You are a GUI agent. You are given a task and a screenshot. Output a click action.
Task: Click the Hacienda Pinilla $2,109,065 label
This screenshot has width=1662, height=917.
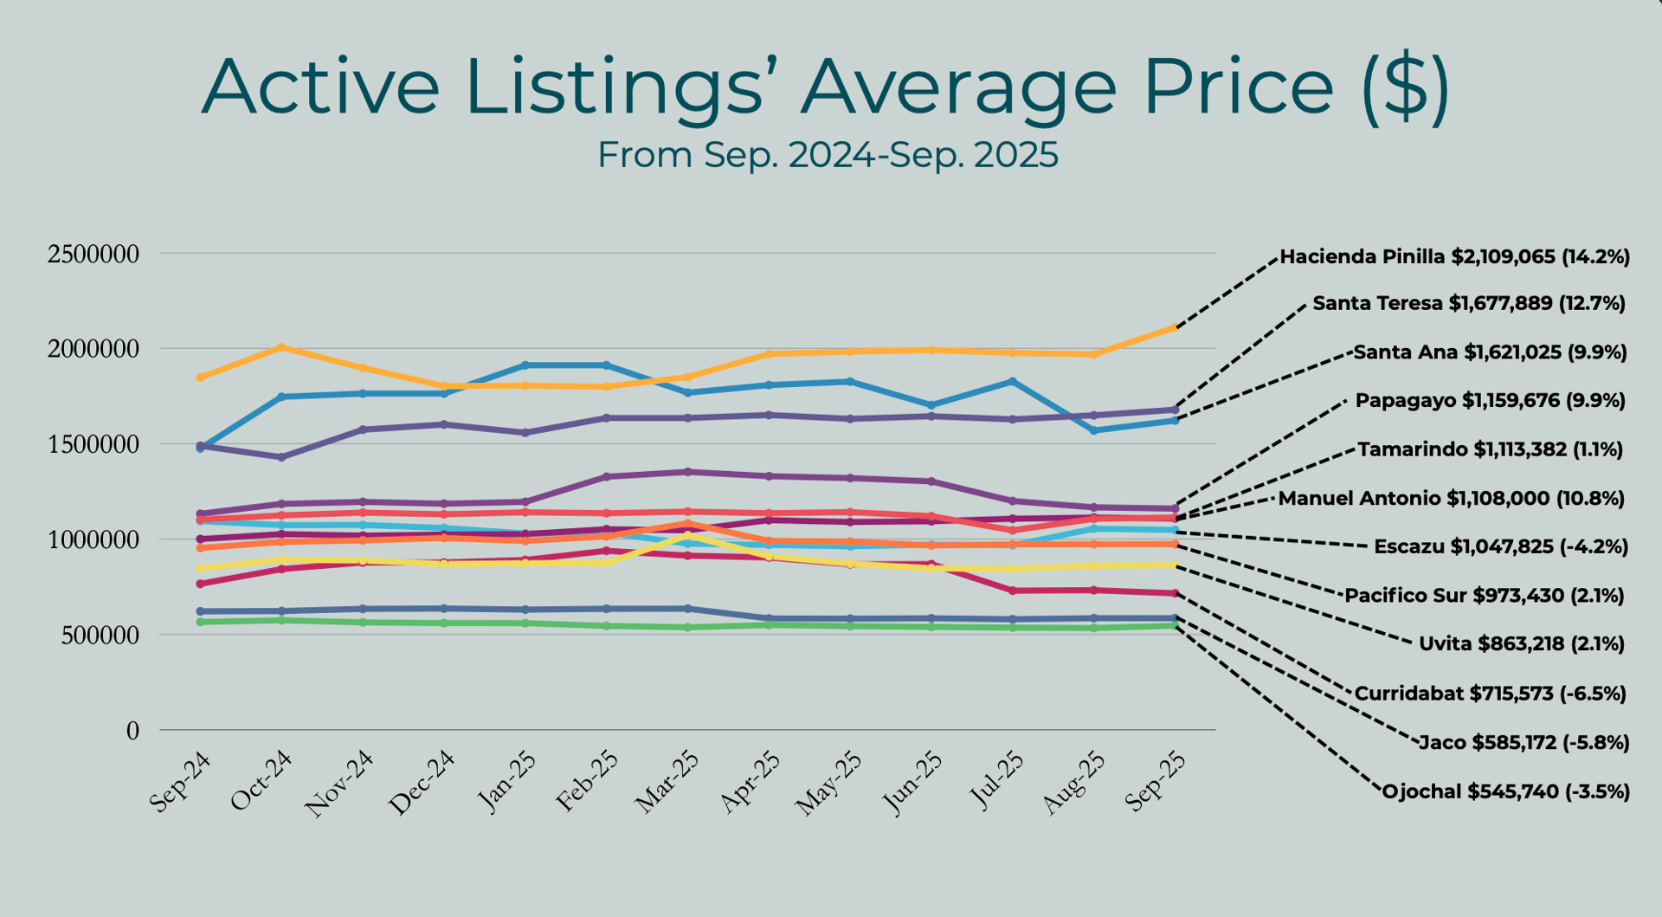[x=1454, y=257]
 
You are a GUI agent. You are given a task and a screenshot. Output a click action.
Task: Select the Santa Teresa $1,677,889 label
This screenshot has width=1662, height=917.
[x=1468, y=304]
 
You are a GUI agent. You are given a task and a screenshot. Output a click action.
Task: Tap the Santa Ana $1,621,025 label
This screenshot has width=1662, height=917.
[x=1490, y=352]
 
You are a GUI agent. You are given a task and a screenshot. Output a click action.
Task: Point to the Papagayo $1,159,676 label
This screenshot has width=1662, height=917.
[x=1490, y=401]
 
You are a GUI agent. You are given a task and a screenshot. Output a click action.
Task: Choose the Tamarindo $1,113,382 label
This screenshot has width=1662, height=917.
[x=1490, y=449]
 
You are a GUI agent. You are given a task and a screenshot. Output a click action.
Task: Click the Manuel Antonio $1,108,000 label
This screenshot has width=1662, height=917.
[x=1451, y=499]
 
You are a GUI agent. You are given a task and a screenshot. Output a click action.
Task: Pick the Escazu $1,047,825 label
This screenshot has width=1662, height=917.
[x=1500, y=547]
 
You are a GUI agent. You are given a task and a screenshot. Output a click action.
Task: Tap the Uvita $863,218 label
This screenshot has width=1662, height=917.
[x=1521, y=644]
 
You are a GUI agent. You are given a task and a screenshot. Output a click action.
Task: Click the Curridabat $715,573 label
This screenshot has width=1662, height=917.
[x=1490, y=694]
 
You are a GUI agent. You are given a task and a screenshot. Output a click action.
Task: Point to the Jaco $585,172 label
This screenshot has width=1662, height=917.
[x=1523, y=743]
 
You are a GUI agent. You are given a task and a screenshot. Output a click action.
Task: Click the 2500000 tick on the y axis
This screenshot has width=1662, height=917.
[x=93, y=255]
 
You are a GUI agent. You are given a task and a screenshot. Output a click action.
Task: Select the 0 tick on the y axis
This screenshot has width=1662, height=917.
[x=132, y=732]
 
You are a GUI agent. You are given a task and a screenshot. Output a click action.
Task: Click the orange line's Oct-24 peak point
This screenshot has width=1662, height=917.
[x=281, y=347]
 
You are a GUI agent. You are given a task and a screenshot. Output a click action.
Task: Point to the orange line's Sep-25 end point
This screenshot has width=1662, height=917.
[x=1175, y=327]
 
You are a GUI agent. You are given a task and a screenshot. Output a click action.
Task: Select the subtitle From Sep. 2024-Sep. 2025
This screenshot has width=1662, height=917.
[x=828, y=156]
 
